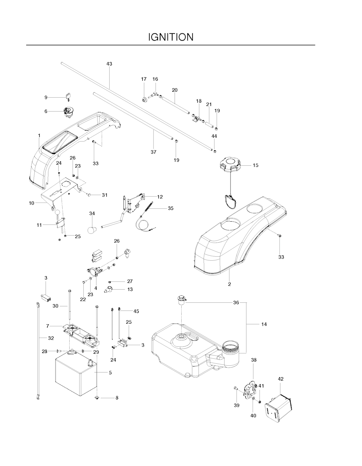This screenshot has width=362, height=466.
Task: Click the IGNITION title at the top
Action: pyautogui.click(x=171, y=37)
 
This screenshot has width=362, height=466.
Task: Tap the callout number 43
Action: pyautogui.click(x=109, y=64)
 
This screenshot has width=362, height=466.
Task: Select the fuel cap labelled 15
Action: pyautogui.click(x=230, y=165)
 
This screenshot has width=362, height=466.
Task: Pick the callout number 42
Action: pyautogui.click(x=281, y=379)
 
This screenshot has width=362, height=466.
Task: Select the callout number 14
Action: pyautogui.click(x=264, y=324)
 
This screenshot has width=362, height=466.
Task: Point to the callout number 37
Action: pyautogui.click(x=153, y=152)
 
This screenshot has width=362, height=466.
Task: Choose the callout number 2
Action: pyautogui.click(x=229, y=284)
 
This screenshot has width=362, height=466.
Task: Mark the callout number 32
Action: pyautogui.click(x=51, y=338)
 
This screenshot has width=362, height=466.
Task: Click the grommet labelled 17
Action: pyautogui.click(x=144, y=99)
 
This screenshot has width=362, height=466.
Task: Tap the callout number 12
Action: pyautogui.click(x=160, y=197)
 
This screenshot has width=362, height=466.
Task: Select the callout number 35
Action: pyautogui.click(x=170, y=209)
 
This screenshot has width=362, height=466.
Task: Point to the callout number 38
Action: pyautogui.click(x=254, y=360)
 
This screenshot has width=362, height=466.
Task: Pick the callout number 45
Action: pyautogui.click(x=136, y=311)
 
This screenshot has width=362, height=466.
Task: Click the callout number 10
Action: pyautogui.click(x=31, y=203)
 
